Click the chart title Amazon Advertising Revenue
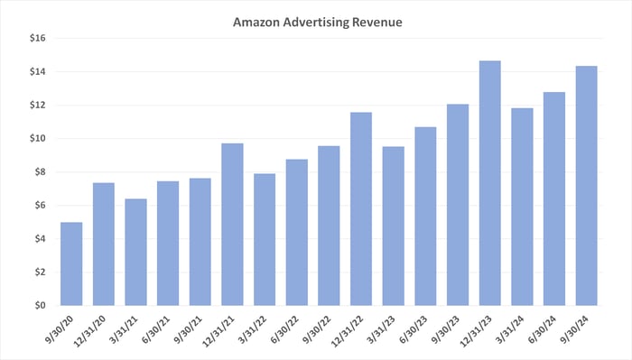pos(315,21)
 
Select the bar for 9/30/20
pos(71,263)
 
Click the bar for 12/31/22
pos(361,208)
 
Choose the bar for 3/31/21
pos(135,252)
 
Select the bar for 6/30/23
pos(425,216)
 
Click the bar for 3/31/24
pos(522,207)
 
